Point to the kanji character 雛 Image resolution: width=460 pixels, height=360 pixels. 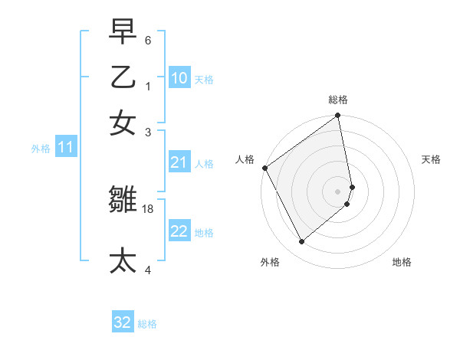tap(123, 200)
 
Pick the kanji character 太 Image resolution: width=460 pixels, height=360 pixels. tap(123, 259)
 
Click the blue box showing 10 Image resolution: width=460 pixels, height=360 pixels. tap(179, 78)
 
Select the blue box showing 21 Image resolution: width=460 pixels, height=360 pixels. tap(179, 162)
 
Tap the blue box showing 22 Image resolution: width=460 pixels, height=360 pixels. tap(179, 231)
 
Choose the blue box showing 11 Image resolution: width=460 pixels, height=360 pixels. tap(65, 148)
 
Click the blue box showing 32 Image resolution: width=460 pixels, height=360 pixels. tap(123, 322)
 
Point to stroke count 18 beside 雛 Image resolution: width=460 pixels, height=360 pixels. tap(148, 208)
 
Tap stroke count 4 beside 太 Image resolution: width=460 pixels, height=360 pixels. tap(147, 270)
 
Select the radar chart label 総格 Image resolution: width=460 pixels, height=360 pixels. tap(338, 100)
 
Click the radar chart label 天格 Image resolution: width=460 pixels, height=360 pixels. tap(431, 159)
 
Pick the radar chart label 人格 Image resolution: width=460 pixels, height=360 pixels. tap(245, 159)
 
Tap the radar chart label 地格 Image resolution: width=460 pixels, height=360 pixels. tap(402, 262)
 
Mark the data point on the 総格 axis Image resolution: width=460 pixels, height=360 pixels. tap(338, 116)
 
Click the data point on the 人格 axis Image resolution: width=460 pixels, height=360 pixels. tap(264, 168)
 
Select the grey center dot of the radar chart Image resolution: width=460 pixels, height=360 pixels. tap(338, 191)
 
